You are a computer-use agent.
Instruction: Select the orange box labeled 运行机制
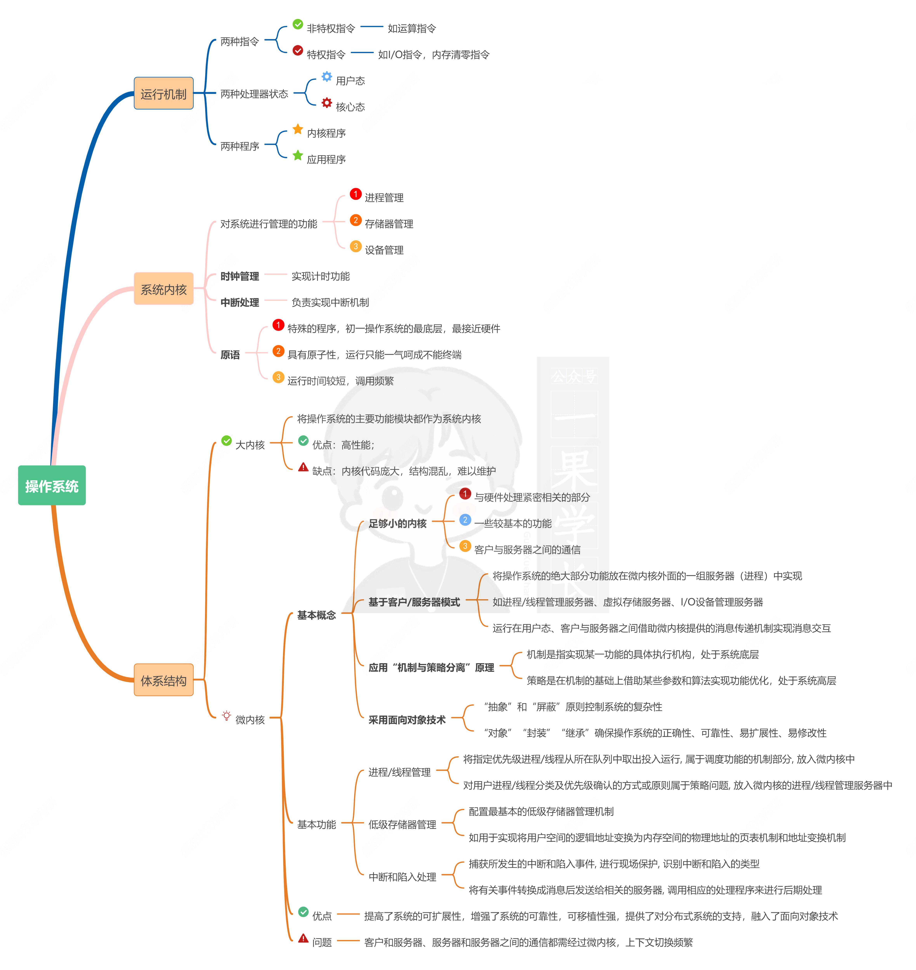coord(164,93)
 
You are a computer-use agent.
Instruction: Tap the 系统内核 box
coord(164,289)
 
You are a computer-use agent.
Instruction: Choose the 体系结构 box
coord(164,680)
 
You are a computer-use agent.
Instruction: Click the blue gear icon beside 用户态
coord(327,77)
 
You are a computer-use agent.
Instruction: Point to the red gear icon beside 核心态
coord(327,102)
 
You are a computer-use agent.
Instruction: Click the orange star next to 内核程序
coord(298,129)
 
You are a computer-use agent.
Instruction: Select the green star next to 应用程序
coord(298,155)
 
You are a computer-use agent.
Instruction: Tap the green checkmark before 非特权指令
coord(298,24)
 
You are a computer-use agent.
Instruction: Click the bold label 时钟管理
coord(240,276)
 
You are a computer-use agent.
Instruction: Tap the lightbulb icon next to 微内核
coord(227,716)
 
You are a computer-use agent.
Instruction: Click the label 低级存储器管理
coord(402,824)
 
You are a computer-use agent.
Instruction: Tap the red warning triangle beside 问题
coord(303,938)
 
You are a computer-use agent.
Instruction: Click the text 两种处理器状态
coord(254,94)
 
